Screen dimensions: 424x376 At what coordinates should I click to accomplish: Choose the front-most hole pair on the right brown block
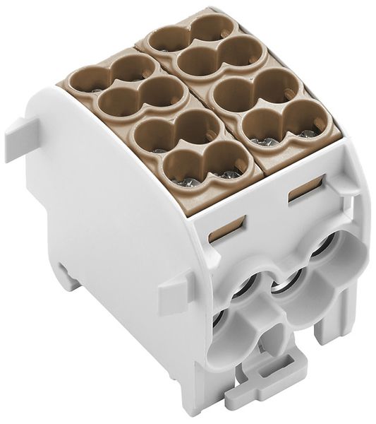279,124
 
